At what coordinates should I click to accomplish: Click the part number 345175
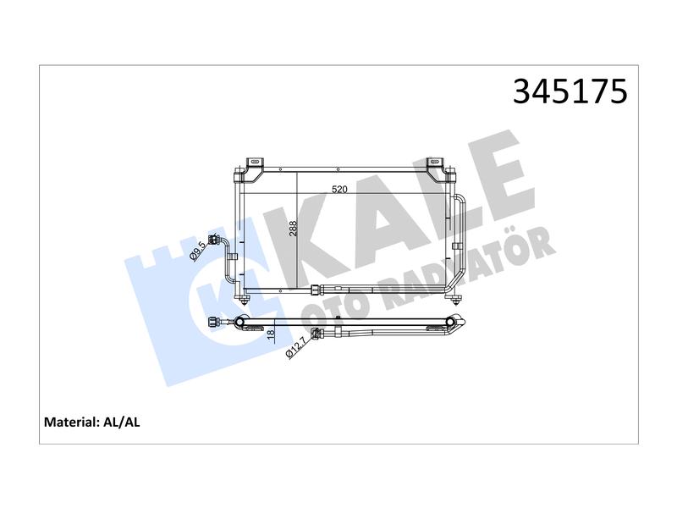[570, 91]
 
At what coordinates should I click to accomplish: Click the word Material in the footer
[72, 422]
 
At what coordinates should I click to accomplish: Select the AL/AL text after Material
[122, 422]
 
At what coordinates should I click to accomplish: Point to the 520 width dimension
[339, 189]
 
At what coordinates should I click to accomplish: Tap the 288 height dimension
[293, 229]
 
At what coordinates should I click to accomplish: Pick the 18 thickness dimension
[271, 334]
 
